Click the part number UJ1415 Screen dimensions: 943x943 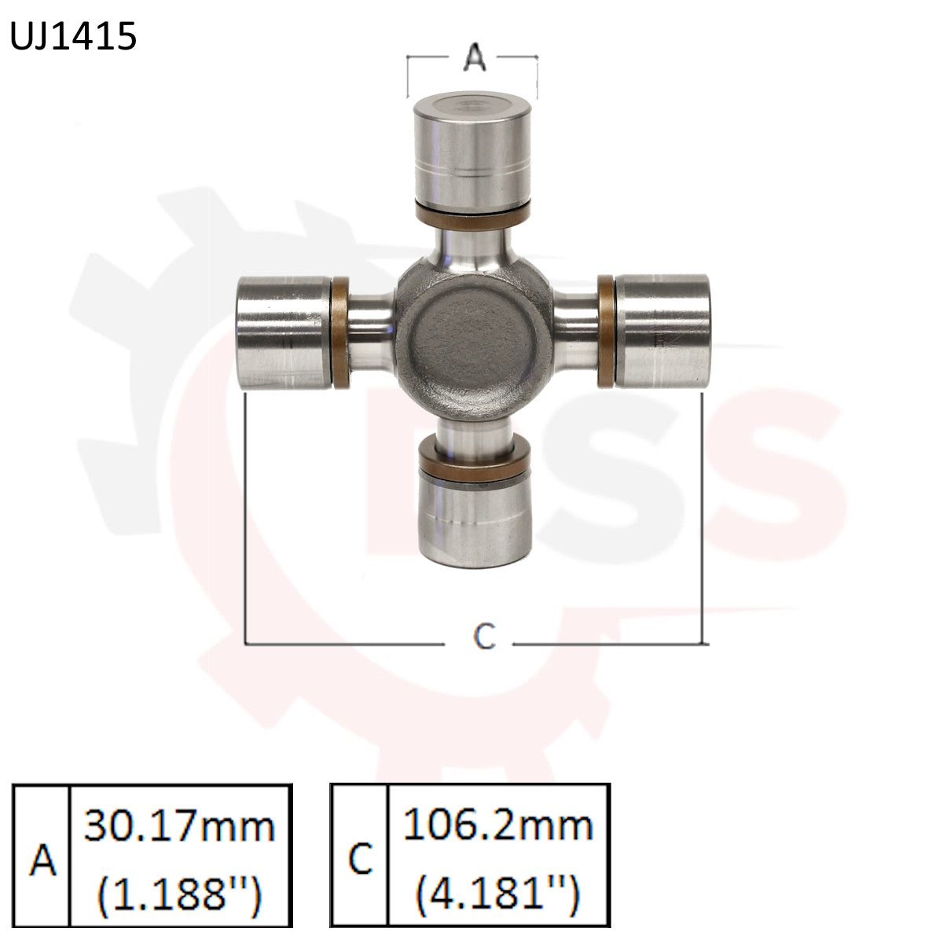coord(73,37)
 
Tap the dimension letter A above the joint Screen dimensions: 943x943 coord(473,57)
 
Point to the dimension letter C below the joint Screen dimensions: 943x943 coord(485,637)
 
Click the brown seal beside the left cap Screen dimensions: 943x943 coord(340,332)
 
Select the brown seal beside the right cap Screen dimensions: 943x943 coord(606,331)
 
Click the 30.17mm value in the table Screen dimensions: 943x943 coord(180,827)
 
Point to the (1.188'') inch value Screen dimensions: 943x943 coord(180,893)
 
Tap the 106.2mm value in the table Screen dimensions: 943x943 coord(498,825)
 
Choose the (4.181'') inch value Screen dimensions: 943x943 coord(498,893)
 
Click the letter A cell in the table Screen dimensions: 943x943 coord(43,860)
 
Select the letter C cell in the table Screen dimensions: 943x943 coord(360,859)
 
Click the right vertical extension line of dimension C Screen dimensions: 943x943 coord(702,519)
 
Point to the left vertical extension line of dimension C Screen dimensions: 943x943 coord(247,519)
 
